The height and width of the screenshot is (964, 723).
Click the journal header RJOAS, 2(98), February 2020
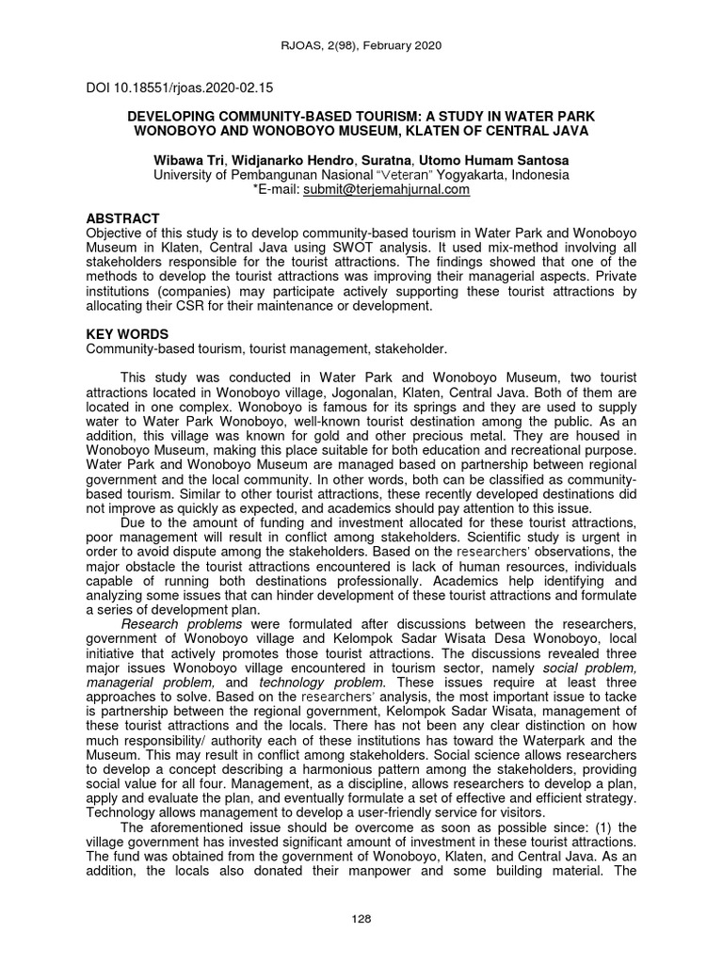pos(361,45)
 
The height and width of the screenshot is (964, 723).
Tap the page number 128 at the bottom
pos(361,918)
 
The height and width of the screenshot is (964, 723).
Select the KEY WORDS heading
pos(127,334)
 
